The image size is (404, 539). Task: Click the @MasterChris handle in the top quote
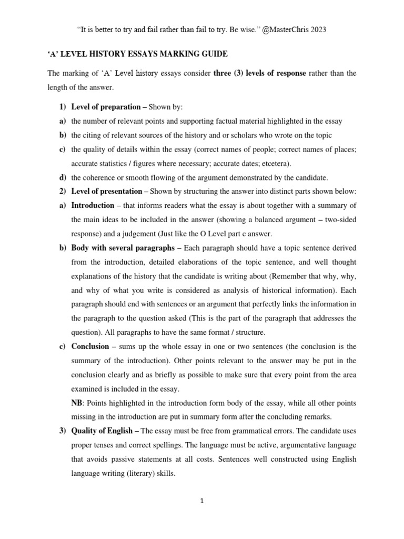click(288, 30)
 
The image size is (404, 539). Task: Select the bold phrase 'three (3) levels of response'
click(259, 73)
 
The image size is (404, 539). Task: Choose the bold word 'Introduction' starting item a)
click(93, 205)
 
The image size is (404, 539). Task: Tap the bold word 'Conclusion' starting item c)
click(90, 346)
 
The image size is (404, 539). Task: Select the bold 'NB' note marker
click(76, 403)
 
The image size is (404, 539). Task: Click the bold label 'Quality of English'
click(103, 431)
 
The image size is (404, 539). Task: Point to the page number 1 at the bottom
click(201, 501)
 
